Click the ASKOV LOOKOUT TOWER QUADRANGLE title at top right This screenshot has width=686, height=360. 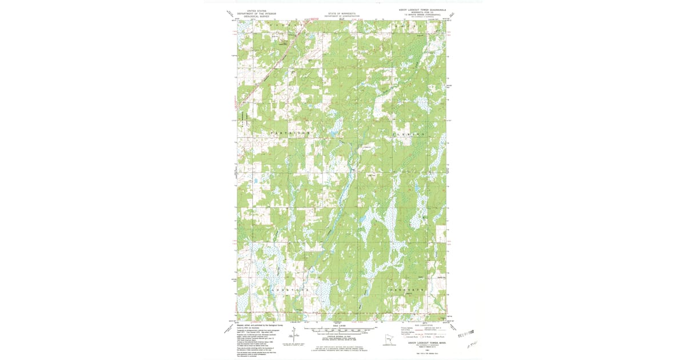point(421,10)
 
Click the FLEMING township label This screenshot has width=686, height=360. point(409,134)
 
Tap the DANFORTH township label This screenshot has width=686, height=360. point(408,291)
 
